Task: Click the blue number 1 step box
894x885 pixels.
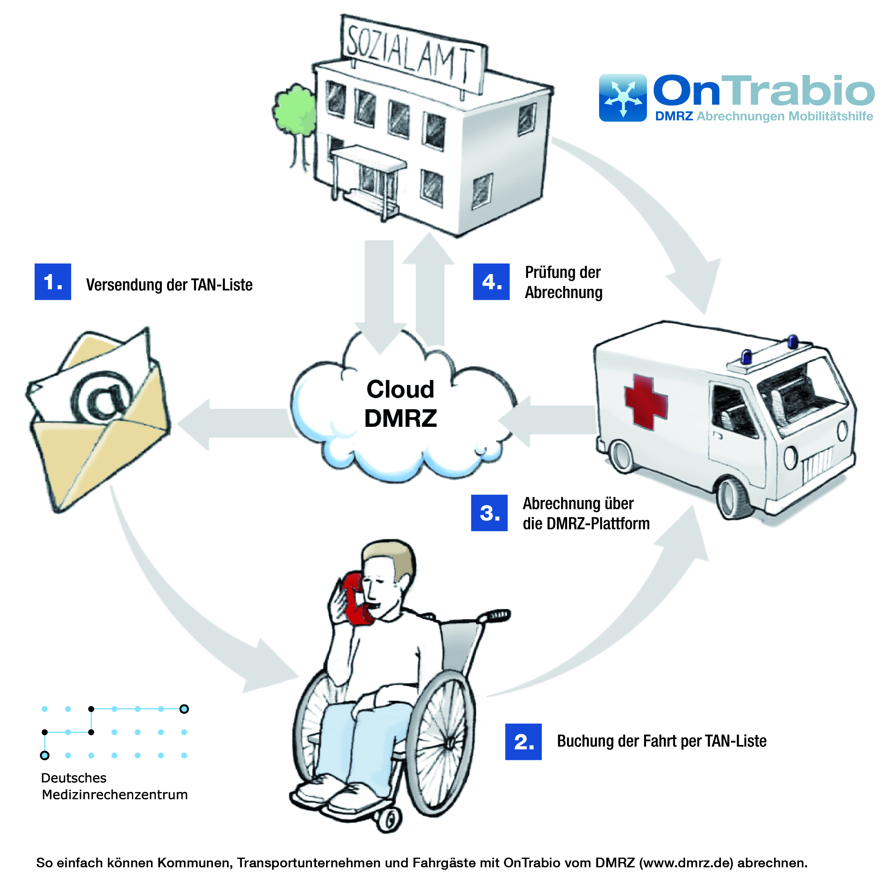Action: tap(53, 282)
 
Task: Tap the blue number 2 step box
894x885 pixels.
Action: tap(523, 741)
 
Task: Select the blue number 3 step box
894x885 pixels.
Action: tap(489, 513)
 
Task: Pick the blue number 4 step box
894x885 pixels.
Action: tap(491, 282)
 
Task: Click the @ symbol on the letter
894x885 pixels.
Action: tap(102, 397)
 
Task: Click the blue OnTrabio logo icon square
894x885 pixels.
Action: tap(622, 98)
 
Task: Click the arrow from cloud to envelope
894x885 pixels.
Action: tap(231, 424)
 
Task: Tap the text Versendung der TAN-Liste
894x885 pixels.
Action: tap(169, 285)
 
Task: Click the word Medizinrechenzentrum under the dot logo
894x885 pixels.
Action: tap(115, 794)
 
